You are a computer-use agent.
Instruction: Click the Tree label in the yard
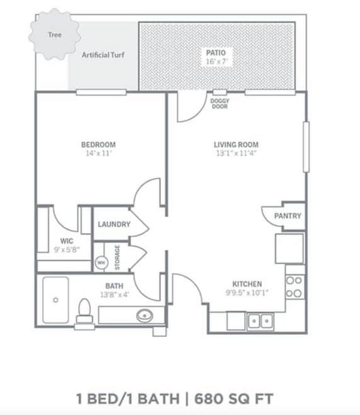pos(55,35)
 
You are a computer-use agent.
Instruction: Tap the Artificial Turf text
pos(103,55)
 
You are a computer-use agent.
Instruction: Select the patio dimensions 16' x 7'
pos(216,61)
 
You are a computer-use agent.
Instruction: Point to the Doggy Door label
pos(219,103)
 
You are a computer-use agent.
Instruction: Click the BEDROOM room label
pos(98,144)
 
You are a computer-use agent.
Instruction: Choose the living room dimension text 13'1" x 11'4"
pos(236,153)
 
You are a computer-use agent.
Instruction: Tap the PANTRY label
pos(287,216)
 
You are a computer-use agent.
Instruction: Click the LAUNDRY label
pos(114,225)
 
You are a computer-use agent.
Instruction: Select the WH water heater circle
pos(102,263)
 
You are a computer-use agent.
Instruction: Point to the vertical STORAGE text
pos(117,257)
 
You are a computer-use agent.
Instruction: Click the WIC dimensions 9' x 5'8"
pos(67,250)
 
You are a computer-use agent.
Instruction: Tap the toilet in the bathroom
pos(84,314)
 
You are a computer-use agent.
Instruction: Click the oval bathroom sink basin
pos(144,315)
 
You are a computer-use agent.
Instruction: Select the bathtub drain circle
pos(55,300)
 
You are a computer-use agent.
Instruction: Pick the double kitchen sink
pos(260,321)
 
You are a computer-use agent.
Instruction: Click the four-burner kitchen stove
pos(294,287)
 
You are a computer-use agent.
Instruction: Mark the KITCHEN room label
pos(247,284)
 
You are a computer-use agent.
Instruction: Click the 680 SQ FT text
pos(234,399)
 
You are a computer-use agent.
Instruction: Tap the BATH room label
pos(114,286)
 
